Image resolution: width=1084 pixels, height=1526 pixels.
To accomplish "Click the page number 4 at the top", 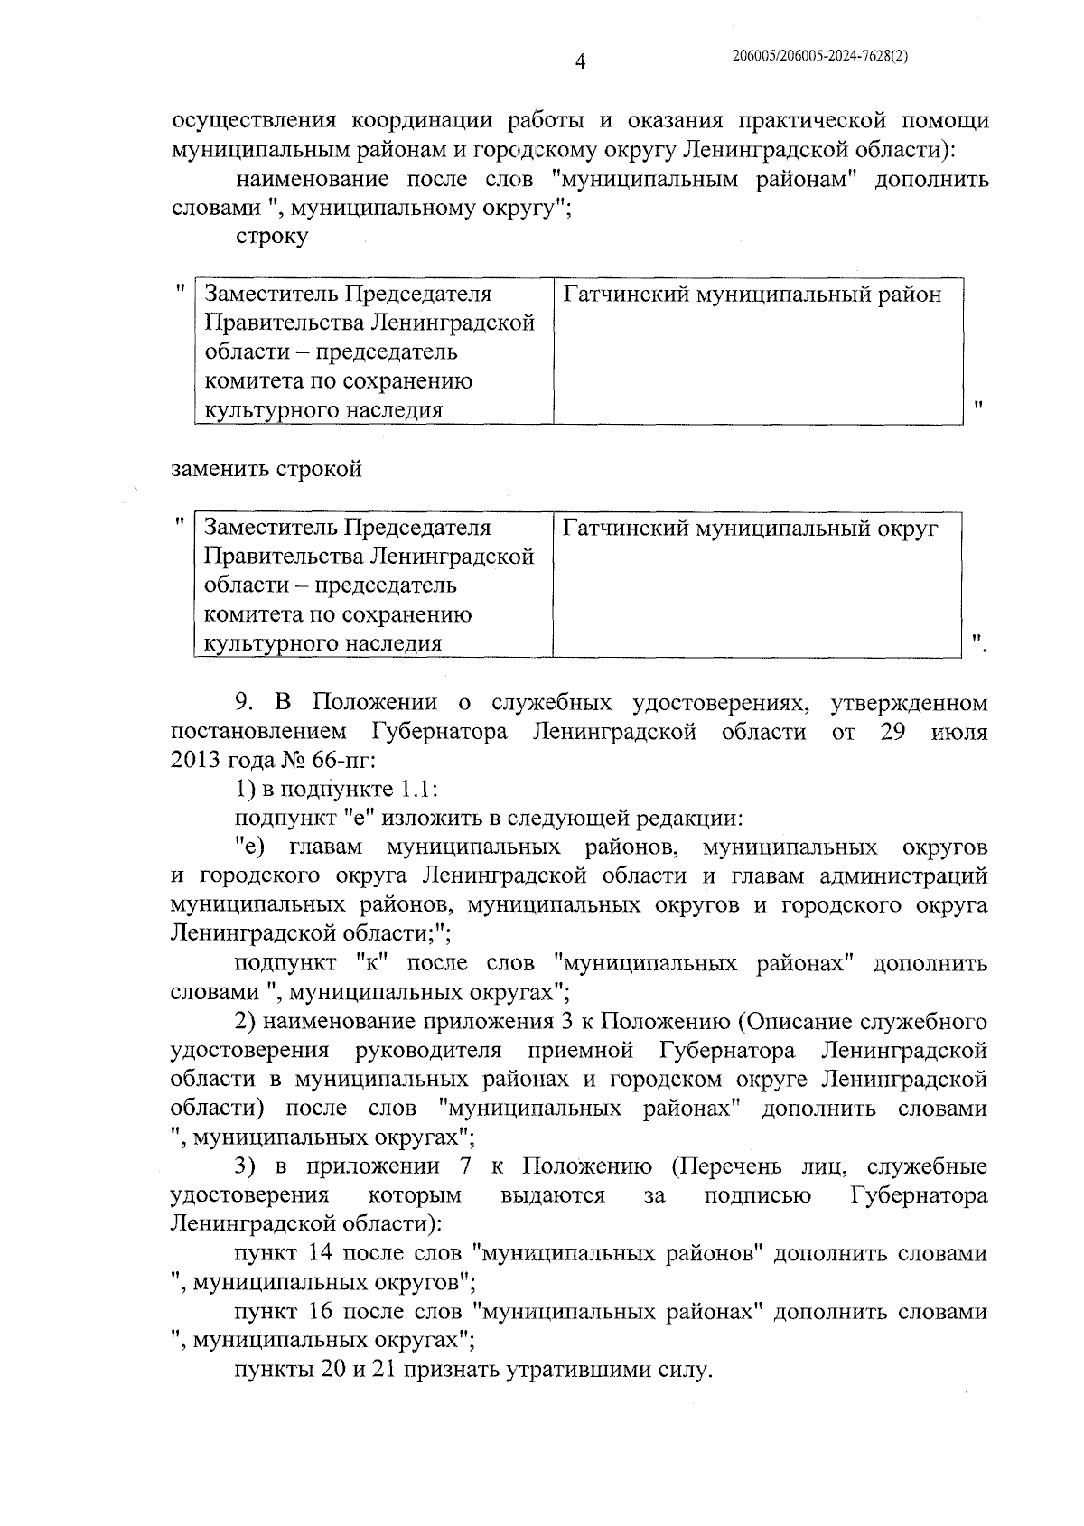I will pyautogui.click(x=582, y=61).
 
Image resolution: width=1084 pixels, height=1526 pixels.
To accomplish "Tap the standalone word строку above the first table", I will pyautogui.click(x=271, y=237).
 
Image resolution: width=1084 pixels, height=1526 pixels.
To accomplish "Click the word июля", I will pyautogui.click(x=958, y=732).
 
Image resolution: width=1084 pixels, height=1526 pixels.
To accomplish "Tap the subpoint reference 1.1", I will pyautogui.click(x=417, y=791).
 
